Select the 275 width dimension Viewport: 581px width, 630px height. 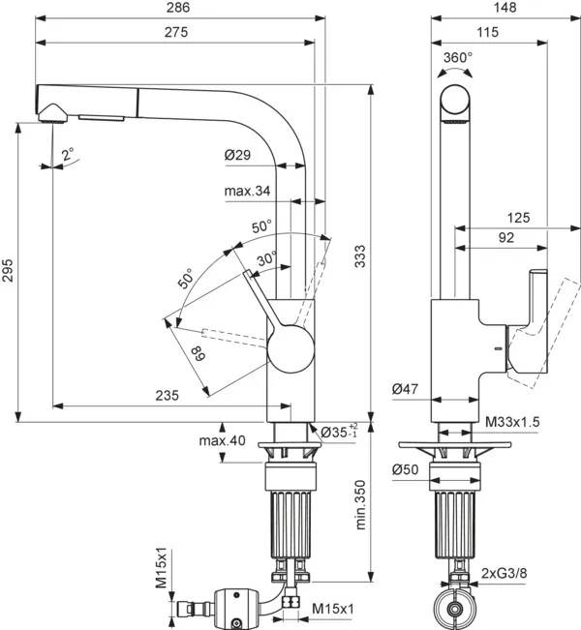(x=174, y=32)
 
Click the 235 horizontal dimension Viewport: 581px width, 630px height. (x=168, y=395)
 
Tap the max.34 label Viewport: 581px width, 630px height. (x=247, y=191)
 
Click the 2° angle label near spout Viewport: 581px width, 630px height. (x=67, y=154)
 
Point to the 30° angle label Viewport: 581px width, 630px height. (x=268, y=257)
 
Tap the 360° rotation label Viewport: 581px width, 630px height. (x=458, y=57)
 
